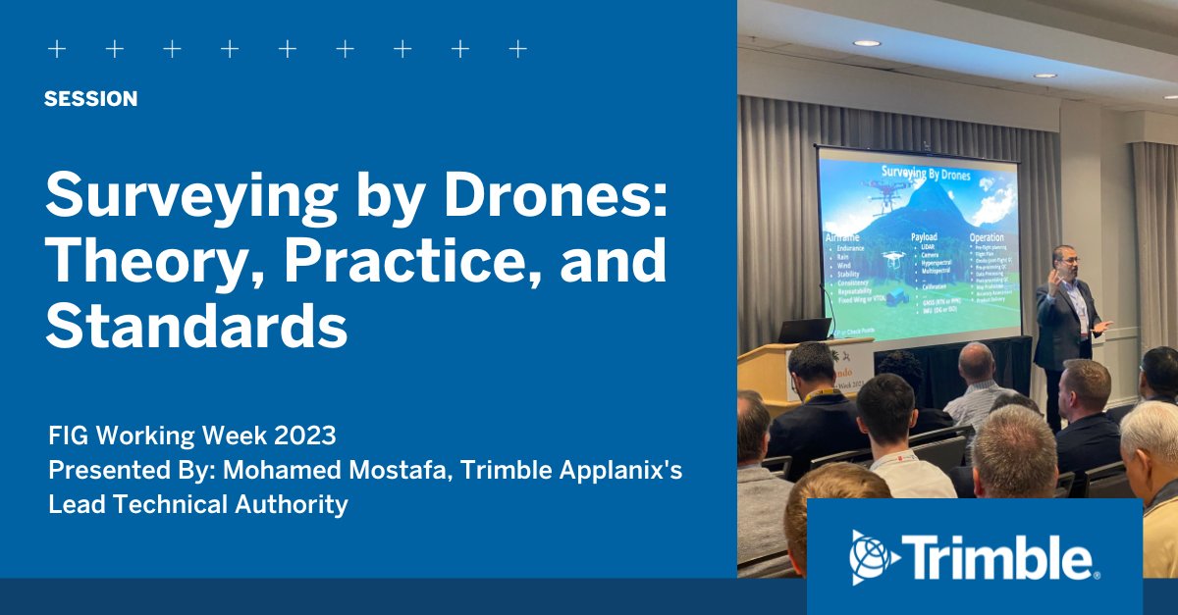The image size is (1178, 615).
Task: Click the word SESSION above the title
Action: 90,99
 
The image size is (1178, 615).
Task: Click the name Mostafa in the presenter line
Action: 374,469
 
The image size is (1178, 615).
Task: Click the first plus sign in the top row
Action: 57,49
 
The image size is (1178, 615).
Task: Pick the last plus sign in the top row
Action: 518,49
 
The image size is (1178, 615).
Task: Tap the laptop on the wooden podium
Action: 805,331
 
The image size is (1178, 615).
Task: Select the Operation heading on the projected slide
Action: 987,237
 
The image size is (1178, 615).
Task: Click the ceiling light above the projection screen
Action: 866,43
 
